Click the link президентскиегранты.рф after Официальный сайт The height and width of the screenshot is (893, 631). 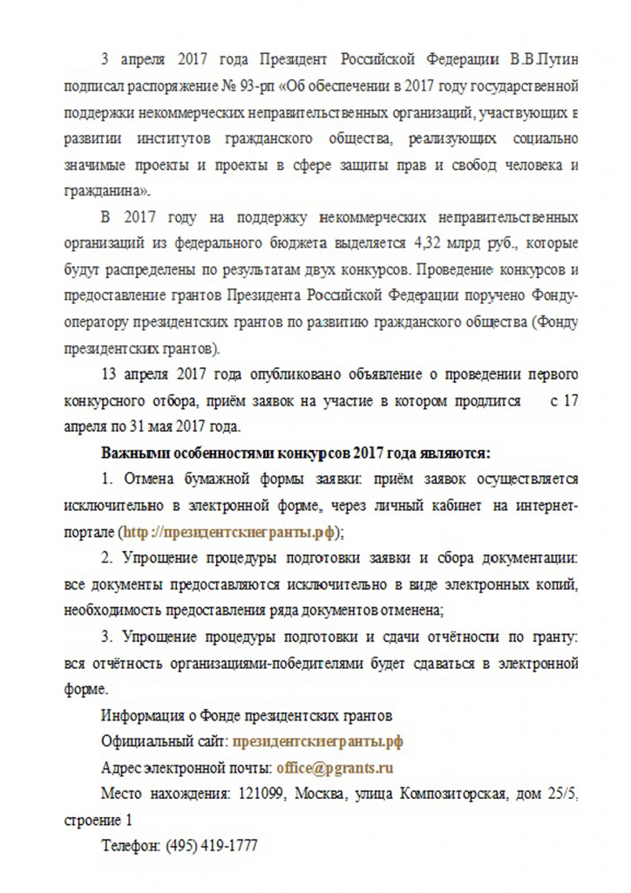318,742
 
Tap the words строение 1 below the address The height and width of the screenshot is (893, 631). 99,821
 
